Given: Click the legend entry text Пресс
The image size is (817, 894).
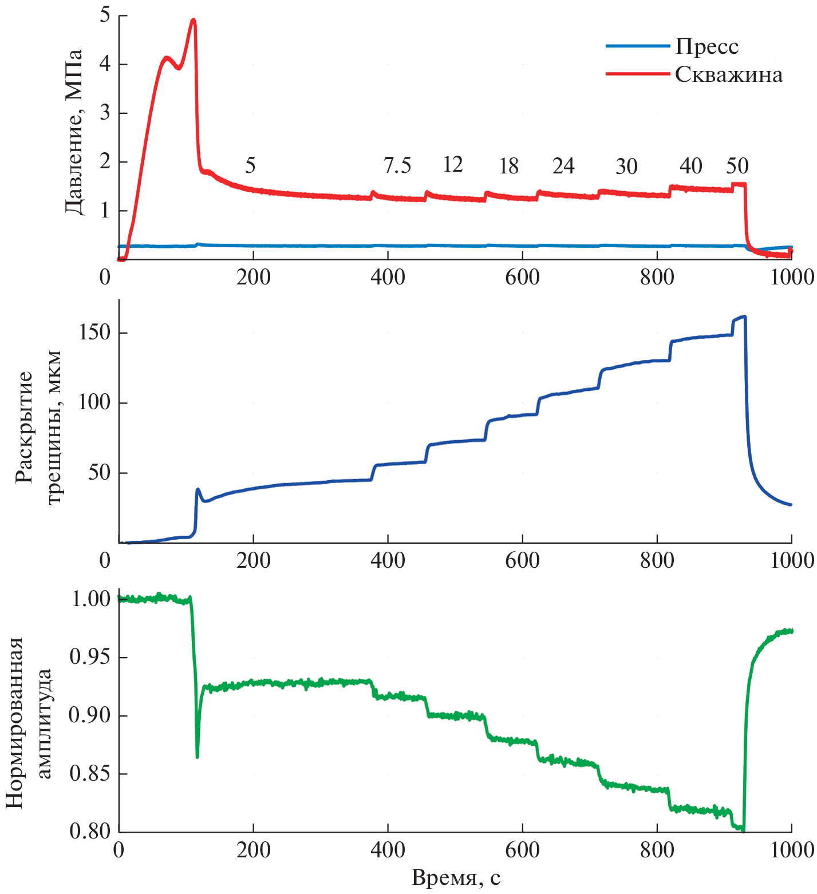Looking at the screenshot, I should (x=707, y=46).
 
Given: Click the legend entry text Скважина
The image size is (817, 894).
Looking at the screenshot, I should (x=728, y=75).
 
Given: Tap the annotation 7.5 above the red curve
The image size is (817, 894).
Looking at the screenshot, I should (x=397, y=166).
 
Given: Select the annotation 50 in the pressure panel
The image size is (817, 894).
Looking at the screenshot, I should (x=737, y=167).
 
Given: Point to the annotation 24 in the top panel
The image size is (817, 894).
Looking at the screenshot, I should (x=563, y=167).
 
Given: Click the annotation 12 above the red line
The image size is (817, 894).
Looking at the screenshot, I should (x=452, y=165).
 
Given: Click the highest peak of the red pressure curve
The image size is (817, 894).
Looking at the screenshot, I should (x=194, y=21).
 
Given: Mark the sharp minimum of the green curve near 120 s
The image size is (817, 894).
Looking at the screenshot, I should (x=198, y=757).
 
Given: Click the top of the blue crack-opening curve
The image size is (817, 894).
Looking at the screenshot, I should (x=744, y=317).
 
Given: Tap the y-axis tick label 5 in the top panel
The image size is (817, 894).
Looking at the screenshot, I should (x=105, y=15).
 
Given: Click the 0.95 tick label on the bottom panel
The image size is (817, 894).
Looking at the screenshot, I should (x=90, y=658).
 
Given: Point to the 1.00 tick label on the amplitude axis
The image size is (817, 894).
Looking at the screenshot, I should (x=90, y=599).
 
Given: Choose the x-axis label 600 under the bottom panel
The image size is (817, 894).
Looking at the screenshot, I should (x=522, y=851).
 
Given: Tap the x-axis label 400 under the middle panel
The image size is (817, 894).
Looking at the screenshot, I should (x=388, y=560).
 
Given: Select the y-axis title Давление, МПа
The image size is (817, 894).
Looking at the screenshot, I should (x=74, y=132).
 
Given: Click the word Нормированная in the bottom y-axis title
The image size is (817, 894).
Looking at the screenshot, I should (x=15, y=722).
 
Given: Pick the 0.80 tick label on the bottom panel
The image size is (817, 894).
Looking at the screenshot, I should (x=90, y=831).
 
